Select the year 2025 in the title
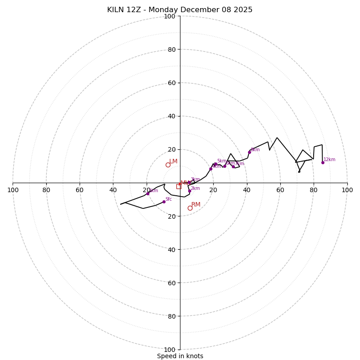click(243, 10)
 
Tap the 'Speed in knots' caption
click(180, 356)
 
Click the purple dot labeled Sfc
click(164, 202)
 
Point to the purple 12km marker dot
click(323, 162)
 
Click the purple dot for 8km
click(249, 152)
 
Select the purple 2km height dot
click(189, 191)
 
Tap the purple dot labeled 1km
click(148, 193)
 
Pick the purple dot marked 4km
click(211, 169)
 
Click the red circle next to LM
click(168, 165)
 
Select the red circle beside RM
click(190, 208)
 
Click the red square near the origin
click(178, 186)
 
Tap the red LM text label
click(173, 161)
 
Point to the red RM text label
click(196, 205)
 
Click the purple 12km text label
click(329, 159)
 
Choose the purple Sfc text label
click(168, 199)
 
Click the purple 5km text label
click(222, 161)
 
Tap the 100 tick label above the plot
click(169, 16)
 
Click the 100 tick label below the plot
click(169, 349)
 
